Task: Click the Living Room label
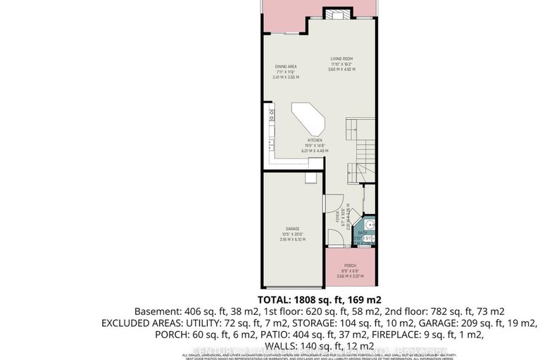[x=342, y=59]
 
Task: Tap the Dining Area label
[x=285, y=66]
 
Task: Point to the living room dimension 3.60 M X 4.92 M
[x=342, y=70]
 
